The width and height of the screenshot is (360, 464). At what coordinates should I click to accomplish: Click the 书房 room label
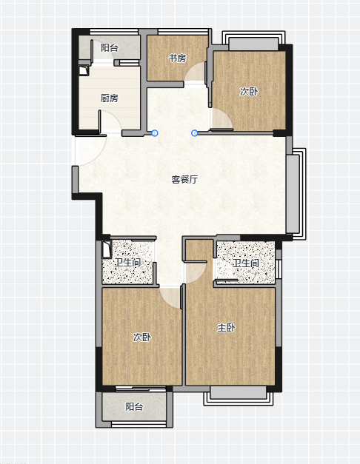[x=177, y=58]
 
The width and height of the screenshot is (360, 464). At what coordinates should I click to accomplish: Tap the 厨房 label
[x=110, y=98]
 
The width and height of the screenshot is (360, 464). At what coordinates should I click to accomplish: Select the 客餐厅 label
[x=184, y=179]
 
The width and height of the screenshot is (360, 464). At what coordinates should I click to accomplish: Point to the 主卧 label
[x=226, y=328]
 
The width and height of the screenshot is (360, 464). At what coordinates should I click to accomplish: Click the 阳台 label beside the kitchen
[x=110, y=47]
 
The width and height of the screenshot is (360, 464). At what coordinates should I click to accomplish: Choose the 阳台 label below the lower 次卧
[x=134, y=406]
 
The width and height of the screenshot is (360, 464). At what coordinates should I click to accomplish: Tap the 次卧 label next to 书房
[x=249, y=92]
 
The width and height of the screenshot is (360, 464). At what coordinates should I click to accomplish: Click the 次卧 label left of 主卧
[x=142, y=337]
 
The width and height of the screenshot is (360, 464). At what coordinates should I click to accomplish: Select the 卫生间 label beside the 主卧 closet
[x=246, y=263]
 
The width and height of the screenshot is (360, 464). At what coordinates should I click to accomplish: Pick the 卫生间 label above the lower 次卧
[x=127, y=262]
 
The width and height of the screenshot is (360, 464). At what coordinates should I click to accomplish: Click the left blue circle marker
[x=154, y=133]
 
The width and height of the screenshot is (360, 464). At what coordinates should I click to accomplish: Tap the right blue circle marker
[x=194, y=133]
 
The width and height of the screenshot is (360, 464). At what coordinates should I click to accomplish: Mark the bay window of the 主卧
[x=239, y=395]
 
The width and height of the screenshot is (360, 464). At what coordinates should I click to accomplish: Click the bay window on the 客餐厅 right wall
[x=296, y=194]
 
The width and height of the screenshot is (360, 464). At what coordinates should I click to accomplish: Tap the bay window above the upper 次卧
[x=253, y=41]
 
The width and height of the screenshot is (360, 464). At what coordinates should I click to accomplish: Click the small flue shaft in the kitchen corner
[x=84, y=71]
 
